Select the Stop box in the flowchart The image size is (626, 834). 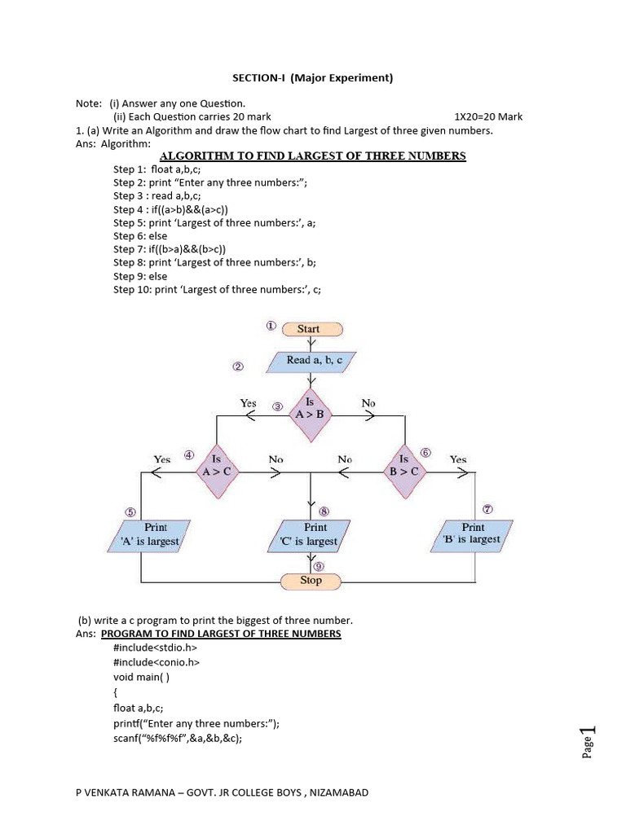[311, 581]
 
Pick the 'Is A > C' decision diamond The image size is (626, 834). [217, 470]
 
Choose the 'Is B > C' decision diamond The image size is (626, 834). [403, 470]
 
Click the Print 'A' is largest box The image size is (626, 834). [152, 534]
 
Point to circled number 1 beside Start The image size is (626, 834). [271, 326]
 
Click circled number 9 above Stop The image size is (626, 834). [319, 565]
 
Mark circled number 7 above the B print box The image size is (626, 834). [487, 509]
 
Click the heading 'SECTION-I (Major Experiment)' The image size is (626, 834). [313, 78]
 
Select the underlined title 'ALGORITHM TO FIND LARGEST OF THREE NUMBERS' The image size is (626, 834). [313, 156]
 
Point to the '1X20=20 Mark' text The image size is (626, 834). [488, 116]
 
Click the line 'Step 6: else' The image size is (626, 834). [140, 235]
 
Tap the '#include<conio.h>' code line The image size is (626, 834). [156, 662]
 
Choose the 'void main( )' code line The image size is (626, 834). [142, 676]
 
